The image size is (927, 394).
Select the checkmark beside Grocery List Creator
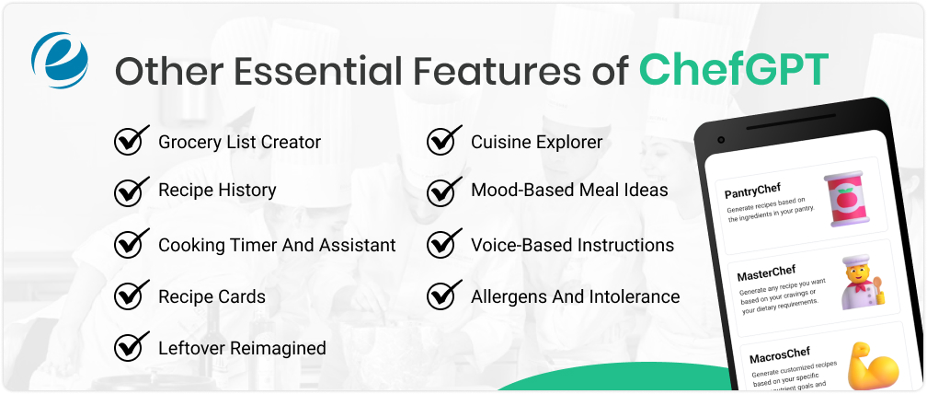(132, 141)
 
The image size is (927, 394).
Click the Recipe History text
(217, 191)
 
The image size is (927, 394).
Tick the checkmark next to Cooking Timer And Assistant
(132, 244)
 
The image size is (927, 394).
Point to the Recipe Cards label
(212, 296)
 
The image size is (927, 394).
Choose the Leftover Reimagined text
(242, 348)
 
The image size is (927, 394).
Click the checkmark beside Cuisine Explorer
(444, 141)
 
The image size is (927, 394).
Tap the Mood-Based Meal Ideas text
(569, 191)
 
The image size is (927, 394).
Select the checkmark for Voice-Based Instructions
(444, 244)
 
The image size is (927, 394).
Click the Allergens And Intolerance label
(575, 296)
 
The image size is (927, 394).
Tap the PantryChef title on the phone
(759, 191)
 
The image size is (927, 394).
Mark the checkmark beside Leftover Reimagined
(132, 347)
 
